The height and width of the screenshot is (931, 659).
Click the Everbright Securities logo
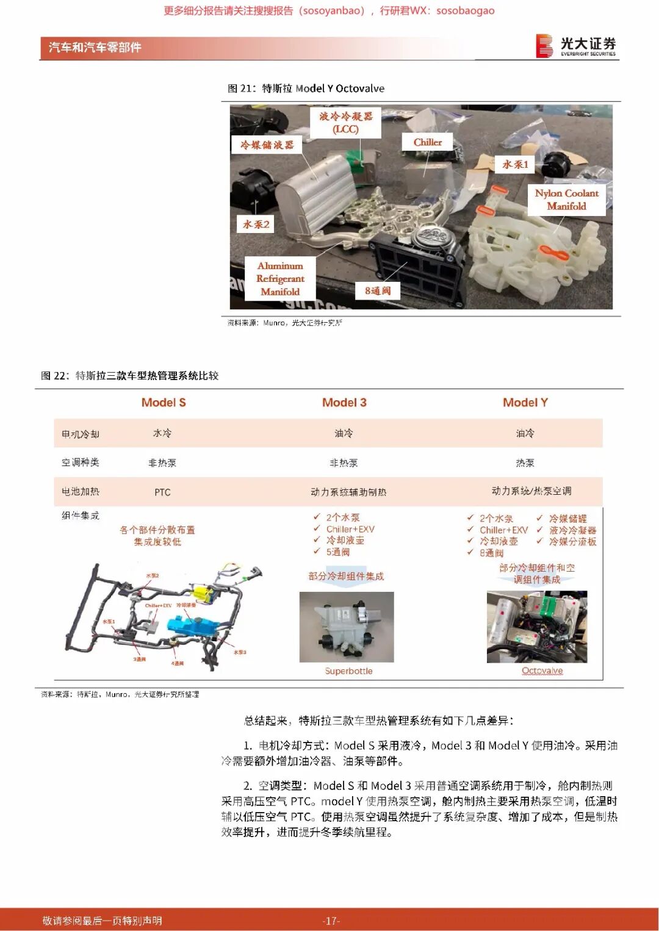pyautogui.click(x=575, y=46)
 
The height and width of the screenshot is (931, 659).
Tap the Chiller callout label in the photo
pyautogui.click(x=427, y=142)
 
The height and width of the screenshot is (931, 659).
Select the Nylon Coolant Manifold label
pyautogui.click(x=566, y=199)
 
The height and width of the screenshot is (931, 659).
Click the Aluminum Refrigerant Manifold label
pyautogui.click(x=280, y=278)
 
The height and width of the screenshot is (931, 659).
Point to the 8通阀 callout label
pyautogui.click(x=378, y=290)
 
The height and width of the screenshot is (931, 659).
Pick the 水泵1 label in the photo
pyautogui.click(x=515, y=164)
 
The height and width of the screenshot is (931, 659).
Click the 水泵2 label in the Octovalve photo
pyautogui.click(x=256, y=224)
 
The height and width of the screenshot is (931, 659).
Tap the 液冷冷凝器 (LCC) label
pyautogui.click(x=345, y=122)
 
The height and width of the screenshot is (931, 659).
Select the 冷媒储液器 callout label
pyautogui.click(x=267, y=145)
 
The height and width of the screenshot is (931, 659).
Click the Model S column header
pyautogui.click(x=164, y=403)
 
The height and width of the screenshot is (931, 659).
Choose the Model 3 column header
pyautogui.click(x=344, y=403)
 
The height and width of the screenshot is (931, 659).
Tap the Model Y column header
pyautogui.click(x=525, y=403)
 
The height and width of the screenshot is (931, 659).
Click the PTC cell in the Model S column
pyautogui.click(x=162, y=492)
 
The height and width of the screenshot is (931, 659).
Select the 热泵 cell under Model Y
pyautogui.click(x=525, y=463)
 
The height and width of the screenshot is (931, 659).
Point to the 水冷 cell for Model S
pyautogui.click(x=162, y=433)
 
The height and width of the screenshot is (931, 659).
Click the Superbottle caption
pyautogui.click(x=348, y=671)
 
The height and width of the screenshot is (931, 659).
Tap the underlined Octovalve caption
pyautogui.click(x=542, y=671)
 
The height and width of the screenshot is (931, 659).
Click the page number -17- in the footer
pyautogui.click(x=331, y=921)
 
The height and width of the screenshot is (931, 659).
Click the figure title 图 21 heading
pyautogui.click(x=306, y=88)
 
